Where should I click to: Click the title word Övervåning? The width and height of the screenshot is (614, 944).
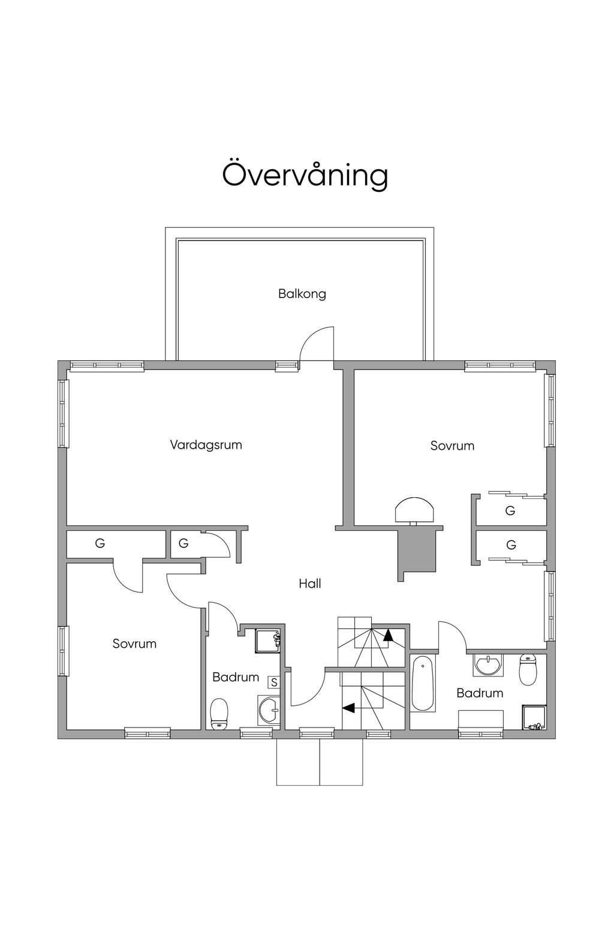(305, 175)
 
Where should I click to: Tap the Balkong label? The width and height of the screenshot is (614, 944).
(302, 294)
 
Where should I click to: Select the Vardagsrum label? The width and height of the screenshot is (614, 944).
(206, 445)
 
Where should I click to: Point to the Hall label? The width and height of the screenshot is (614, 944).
(310, 584)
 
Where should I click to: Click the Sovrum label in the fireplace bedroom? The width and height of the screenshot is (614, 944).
(452, 446)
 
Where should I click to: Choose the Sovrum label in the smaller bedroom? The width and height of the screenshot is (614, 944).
(134, 644)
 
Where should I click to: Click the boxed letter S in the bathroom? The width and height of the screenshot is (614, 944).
(274, 683)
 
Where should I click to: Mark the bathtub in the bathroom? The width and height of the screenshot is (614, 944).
(423, 684)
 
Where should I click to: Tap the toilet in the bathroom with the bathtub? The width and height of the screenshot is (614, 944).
(527, 669)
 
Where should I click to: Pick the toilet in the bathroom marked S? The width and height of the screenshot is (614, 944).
(219, 713)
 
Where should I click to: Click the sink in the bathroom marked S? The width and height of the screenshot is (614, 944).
(269, 711)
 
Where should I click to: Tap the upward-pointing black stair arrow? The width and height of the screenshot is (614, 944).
(388, 635)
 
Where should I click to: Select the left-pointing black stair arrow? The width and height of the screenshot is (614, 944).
(348, 708)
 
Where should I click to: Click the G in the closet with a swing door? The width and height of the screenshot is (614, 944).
(183, 543)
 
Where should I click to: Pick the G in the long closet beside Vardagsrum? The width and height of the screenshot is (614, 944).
(100, 543)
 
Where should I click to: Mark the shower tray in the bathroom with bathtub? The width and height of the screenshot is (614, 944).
(534, 717)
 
